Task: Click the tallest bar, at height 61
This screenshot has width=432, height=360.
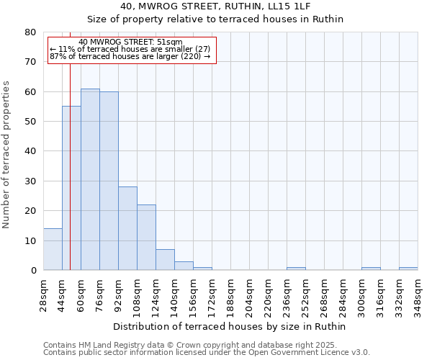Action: pyautogui.click(x=90, y=179)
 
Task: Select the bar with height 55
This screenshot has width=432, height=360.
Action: pyautogui.click(x=71, y=188)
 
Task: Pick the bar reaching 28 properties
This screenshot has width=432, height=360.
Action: pyautogui.click(x=127, y=228)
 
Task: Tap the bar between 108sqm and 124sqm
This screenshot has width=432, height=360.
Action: pyautogui.click(x=146, y=238)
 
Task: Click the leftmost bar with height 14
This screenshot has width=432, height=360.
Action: pyautogui.click(x=53, y=249)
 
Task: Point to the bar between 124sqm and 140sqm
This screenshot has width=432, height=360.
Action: pyautogui.click(x=165, y=260)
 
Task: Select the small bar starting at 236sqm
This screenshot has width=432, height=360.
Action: pyautogui.click(x=296, y=269)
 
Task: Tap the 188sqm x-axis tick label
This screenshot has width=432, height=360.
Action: pyautogui.click(x=231, y=294)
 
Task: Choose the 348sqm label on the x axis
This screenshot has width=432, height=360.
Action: pyautogui.click(x=418, y=294)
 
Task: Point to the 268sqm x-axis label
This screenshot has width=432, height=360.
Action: pyautogui.click(x=325, y=294)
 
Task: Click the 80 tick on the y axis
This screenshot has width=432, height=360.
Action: pyautogui.click(x=30, y=32)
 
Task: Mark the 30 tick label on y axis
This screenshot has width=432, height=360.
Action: pyautogui.click(x=30, y=181)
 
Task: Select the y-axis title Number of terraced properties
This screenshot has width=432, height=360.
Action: pyautogui.click(x=6, y=155)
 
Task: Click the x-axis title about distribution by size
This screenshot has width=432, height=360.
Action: pyautogui.click(x=230, y=326)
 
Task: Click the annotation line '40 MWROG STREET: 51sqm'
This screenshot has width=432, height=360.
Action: pyautogui.click(x=131, y=42)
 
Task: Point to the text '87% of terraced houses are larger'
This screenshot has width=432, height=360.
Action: pyautogui.click(x=130, y=56)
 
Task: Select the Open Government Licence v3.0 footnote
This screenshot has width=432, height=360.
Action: pyautogui.click(x=207, y=352)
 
